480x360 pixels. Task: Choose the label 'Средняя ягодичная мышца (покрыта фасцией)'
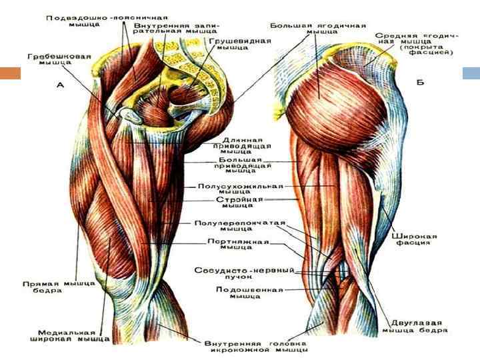tap(416, 44)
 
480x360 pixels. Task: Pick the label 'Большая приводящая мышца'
tap(243, 165)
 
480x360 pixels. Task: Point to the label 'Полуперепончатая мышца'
tap(241, 226)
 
